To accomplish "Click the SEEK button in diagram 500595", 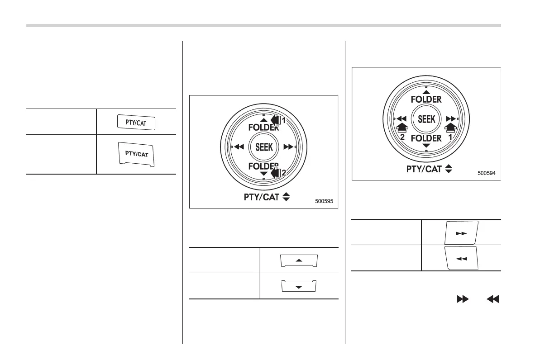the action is (263, 147).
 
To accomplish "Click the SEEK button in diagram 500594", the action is (426, 118).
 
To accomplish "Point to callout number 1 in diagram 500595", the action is (284, 121).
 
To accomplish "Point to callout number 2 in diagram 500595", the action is (284, 172).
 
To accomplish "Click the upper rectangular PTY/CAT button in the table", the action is (136, 123).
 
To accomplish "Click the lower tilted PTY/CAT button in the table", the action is (136, 154).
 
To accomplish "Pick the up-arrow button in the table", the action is (299, 261).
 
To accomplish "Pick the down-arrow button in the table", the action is (299, 286).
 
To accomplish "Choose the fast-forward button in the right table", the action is (461, 233).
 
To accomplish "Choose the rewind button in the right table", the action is (461, 258).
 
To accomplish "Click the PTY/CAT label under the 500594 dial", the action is (425, 169).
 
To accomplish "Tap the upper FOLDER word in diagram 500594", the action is (426, 99).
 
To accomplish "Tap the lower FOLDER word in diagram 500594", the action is (426, 138).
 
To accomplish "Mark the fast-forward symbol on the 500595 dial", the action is (288, 147).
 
